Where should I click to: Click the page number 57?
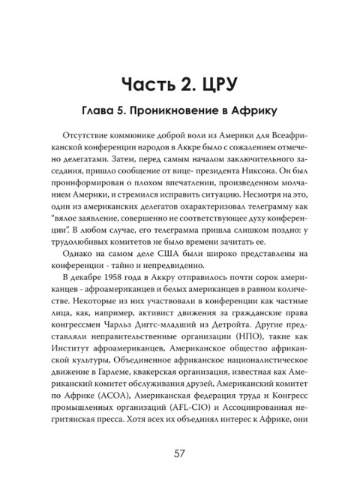point(180,453)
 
